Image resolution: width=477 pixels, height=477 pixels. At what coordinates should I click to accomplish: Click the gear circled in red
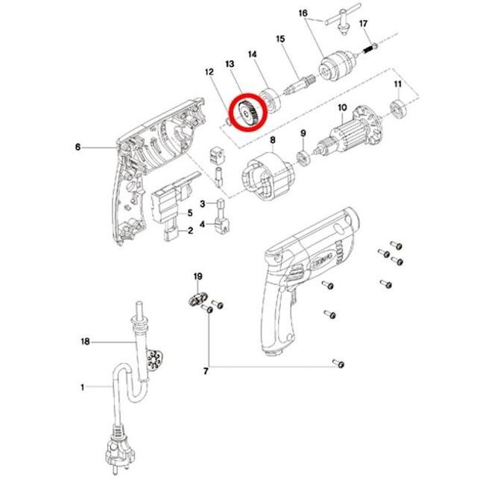click(x=248, y=113)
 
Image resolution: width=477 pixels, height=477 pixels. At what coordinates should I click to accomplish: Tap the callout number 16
click(x=303, y=13)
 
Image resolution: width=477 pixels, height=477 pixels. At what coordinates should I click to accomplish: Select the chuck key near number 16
click(x=343, y=20)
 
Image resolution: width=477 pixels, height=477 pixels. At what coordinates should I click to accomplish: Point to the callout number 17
click(x=363, y=23)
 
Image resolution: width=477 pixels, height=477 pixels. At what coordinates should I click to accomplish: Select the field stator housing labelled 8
click(x=268, y=177)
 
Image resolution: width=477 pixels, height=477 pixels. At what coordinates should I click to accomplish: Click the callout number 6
click(x=78, y=148)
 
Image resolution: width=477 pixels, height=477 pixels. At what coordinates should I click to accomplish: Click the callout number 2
click(x=190, y=230)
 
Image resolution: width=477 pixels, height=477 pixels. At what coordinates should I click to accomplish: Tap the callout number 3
click(x=203, y=203)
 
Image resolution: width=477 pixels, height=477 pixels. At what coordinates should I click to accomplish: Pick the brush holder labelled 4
click(x=222, y=224)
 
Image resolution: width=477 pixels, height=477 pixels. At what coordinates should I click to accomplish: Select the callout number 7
click(x=206, y=371)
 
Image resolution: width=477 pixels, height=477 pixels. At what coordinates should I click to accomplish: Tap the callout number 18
click(x=86, y=341)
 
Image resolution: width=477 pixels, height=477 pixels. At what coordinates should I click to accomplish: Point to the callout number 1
click(x=82, y=388)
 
